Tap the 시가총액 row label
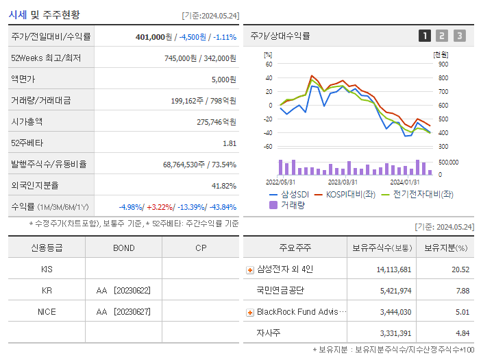click(x=27, y=122)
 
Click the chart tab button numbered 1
click(x=425, y=36)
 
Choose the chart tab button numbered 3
click(x=459, y=36)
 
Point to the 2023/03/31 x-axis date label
click(x=343, y=182)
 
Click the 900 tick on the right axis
click(x=443, y=64)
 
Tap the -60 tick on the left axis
click(x=268, y=147)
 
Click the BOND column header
click(x=123, y=248)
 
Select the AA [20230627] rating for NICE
click(x=123, y=312)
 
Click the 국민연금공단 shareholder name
click(x=280, y=291)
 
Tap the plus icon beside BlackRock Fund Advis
click(x=250, y=312)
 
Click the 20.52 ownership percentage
click(x=460, y=269)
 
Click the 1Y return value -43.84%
click(x=220, y=207)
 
